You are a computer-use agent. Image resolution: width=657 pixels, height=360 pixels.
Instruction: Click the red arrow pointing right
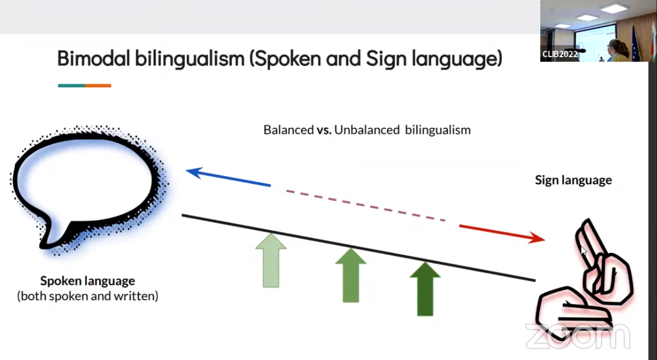(502, 234)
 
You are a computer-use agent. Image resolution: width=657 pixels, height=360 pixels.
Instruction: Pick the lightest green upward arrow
(271, 260)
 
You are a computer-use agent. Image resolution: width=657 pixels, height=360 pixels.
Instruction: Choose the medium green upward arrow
(351, 275)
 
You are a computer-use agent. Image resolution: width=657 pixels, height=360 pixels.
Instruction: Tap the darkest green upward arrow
(425, 289)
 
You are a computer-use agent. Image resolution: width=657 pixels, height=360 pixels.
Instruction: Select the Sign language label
(573, 180)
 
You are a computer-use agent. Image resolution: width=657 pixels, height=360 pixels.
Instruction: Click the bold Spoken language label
(87, 281)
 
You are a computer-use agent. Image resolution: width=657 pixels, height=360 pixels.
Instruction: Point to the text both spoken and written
(88, 296)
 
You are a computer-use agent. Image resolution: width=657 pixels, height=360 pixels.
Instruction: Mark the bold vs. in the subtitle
(324, 130)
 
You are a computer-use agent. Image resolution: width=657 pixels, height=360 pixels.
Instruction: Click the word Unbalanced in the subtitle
(367, 130)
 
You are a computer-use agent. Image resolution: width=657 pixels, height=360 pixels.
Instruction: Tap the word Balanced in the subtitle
(289, 130)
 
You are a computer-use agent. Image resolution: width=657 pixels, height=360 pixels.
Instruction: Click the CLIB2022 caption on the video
(560, 54)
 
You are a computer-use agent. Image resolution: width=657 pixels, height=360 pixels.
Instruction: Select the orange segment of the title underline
(98, 86)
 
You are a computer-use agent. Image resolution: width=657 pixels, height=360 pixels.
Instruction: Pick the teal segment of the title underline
(71, 86)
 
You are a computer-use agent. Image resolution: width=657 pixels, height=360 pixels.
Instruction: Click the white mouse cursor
(583, 251)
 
